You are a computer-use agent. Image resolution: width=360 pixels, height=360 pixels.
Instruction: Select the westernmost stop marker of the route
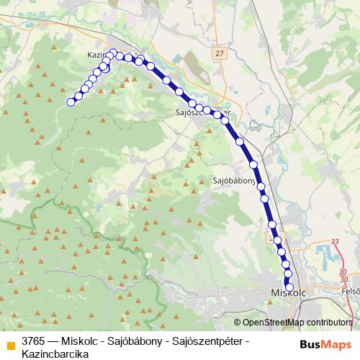[71, 102]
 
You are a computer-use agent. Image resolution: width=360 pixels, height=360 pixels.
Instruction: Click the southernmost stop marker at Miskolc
[289, 287]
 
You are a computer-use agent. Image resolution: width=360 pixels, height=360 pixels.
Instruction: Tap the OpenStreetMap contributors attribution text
[297, 323]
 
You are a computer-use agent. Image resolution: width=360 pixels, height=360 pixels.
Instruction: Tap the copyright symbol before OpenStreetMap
[238, 323]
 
